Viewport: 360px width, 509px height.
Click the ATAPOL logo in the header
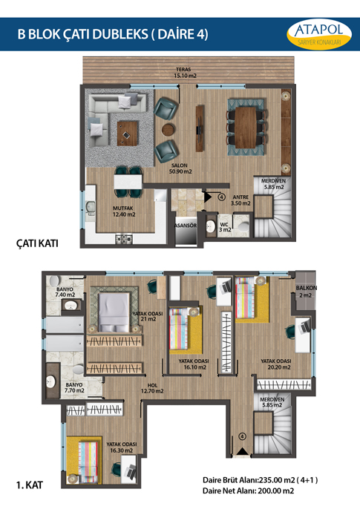pos(319,34)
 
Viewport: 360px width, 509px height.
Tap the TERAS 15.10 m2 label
pos(185,73)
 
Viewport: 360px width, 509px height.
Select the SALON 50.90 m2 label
pos(180,168)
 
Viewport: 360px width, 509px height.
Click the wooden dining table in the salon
pos(246,128)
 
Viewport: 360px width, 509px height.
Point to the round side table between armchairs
pos(168,130)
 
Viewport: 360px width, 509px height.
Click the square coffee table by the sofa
pos(128,133)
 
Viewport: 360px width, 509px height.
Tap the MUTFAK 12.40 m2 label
pos(124,211)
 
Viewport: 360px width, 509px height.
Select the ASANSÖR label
pos(186,226)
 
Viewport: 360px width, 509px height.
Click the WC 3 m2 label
pos(226,227)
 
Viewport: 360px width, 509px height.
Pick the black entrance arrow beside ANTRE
pos(207,197)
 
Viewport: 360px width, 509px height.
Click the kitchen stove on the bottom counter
pos(124,240)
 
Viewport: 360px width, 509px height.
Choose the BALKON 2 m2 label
pos(306,292)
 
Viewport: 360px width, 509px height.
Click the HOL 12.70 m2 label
pos(152,388)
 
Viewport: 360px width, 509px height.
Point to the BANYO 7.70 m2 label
pos(74,387)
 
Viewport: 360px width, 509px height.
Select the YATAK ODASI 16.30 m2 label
pos(122,447)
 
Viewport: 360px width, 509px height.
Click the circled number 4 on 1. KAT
pos(242,436)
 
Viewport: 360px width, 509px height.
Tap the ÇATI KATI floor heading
pos(37,243)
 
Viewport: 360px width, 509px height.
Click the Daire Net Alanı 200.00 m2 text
pos(249,491)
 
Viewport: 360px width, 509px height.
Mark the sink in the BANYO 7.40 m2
pos(71,305)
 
